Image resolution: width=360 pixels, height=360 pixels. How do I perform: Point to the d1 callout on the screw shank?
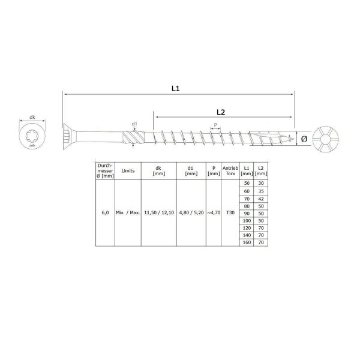(135, 124)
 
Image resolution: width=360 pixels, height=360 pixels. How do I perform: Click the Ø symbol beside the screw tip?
(304, 139)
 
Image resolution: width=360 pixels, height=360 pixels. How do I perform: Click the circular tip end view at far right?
(327, 139)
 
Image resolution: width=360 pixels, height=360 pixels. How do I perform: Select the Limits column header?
(128, 170)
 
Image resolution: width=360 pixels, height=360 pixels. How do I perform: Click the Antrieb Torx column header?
(230, 170)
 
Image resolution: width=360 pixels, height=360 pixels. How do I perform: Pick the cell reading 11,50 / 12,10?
(158, 212)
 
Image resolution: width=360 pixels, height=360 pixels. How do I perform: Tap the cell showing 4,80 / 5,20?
(191, 212)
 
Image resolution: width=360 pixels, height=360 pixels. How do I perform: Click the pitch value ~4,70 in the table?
(213, 212)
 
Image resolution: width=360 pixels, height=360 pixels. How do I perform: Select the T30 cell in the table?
(230, 212)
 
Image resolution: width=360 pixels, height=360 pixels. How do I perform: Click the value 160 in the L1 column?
(245, 242)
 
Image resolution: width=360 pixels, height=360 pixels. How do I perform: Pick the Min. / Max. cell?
(128, 212)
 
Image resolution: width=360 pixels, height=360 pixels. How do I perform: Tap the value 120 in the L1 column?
(245, 227)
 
